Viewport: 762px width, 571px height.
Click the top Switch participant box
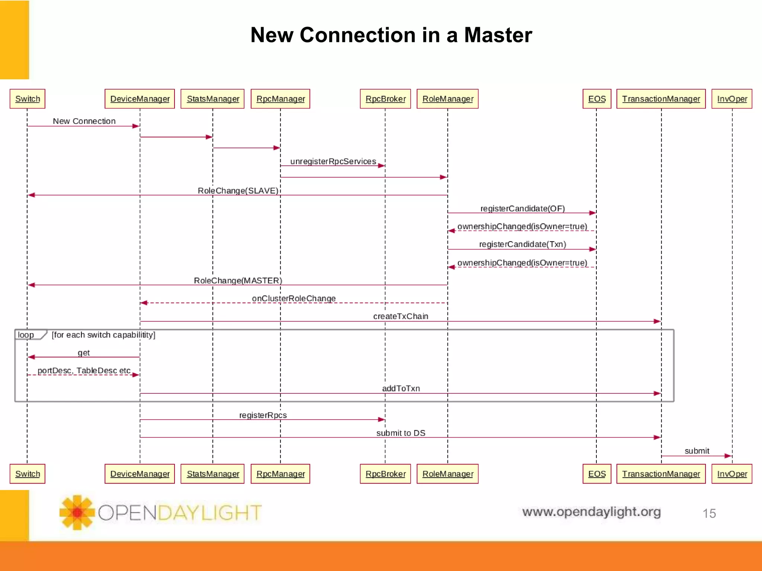pos(28,99)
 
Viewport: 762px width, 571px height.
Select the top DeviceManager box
pos(140,99)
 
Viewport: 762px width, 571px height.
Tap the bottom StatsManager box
pos(212,474)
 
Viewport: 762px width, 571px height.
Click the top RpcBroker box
pos(385,99)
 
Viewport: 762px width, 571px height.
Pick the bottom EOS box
pos(596,474)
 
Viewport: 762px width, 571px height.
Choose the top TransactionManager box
pos(661,99)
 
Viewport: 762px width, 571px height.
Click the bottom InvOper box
pos(731,474)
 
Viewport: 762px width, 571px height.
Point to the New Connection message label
pos(84,121)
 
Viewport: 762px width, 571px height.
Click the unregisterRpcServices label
pos(333,161)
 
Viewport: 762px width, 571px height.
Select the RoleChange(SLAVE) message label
pos(238,191)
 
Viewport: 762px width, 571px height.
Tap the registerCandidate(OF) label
pos(522,209)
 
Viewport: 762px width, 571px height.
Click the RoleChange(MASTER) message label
pos(238,281)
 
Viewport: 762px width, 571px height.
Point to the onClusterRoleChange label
pos(294,299)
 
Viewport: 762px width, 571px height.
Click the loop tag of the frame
pos(26,335)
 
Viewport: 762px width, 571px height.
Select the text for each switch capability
pos(103,335)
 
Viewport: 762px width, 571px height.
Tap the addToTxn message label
pos(401,388)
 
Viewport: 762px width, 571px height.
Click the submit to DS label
pos(401,433)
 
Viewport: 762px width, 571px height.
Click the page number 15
pos(709,513)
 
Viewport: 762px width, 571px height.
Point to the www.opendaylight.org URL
pos(591,512)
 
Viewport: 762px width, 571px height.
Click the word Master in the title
pos(498,35)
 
